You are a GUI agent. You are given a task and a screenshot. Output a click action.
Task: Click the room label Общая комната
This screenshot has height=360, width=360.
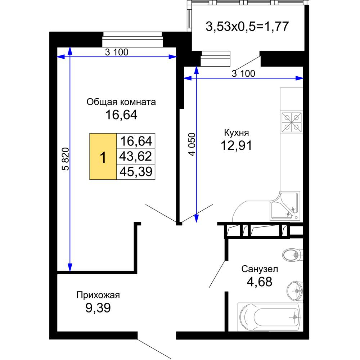(x=121, y=102)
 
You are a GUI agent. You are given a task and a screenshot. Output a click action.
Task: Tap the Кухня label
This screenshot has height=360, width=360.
(x=236, y=133)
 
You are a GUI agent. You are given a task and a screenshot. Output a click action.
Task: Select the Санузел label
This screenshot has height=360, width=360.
(x=260, y=269)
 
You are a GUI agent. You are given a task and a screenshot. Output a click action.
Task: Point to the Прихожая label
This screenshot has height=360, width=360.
(x=98, y=295)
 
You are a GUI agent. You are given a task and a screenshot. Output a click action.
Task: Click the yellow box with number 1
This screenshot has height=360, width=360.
(x=103, y=156)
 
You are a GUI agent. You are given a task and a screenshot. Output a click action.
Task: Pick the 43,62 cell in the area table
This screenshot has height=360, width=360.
(x=136, y=156)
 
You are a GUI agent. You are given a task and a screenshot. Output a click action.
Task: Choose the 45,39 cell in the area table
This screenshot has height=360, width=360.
(x=136, y=172)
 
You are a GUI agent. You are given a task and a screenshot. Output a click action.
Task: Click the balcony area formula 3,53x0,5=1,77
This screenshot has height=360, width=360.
(x=247, y=26)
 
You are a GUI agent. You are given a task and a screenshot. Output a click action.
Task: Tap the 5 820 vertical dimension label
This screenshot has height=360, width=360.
(x=66, y=159)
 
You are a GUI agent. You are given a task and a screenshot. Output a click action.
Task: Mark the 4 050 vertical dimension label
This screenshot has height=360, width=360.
(x=192, y=144)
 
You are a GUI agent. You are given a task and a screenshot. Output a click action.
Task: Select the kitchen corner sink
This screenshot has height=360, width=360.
(x=285, y=206)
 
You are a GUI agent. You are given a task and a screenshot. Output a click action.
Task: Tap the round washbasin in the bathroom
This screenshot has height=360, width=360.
(x=295, y=291)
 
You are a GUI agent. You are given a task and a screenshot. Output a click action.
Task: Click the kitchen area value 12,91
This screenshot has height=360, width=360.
(x=236, y=145)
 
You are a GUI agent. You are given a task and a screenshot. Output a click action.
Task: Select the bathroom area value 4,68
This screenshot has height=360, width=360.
(x=260, y=282)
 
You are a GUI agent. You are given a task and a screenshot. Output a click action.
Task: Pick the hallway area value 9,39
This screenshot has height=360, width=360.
(x=98, y=308)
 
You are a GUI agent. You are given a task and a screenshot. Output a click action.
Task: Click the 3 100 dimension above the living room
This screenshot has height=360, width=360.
(x=117, y=52)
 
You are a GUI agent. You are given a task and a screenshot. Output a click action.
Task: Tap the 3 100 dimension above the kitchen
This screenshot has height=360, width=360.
(x=243, y=74)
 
